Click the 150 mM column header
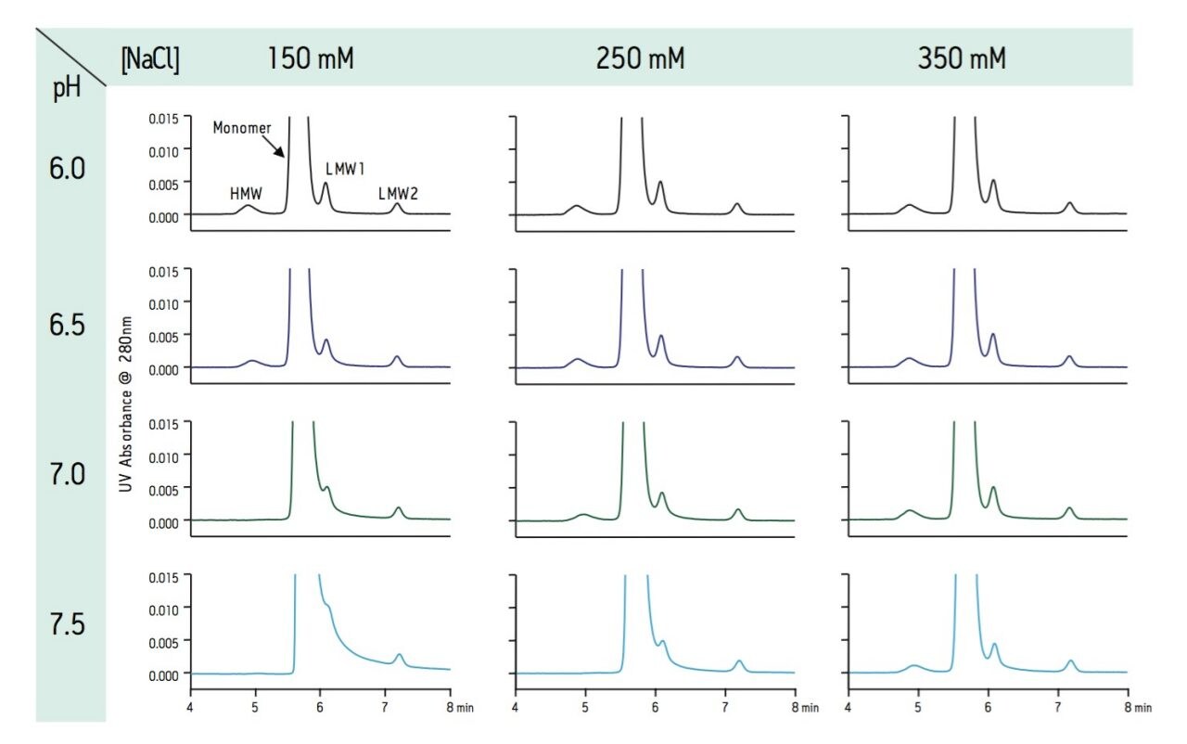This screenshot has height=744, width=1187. [x=311, y=59]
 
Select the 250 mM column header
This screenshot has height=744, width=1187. [x=640, y=59]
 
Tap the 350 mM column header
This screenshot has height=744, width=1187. [x=962, y=59]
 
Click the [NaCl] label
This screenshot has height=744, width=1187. [x=150, y=60]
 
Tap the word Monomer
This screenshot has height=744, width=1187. [x=240, y=127]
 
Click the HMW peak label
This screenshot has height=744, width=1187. [x=246, y=193]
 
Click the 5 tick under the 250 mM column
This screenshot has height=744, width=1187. [x=585, y=708]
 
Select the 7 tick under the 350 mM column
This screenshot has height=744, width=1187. [x=1058, y=708]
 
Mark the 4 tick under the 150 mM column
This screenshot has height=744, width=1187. [x=190, y=708]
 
